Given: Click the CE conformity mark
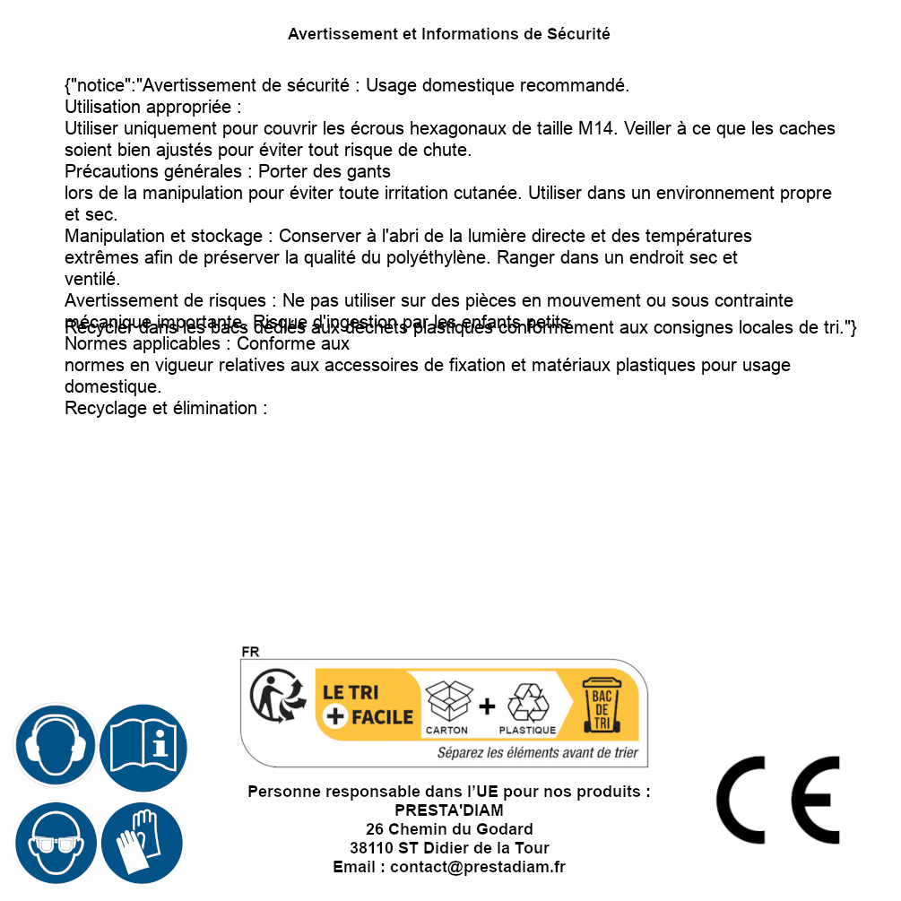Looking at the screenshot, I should pyautogui.click(x=777, y=800).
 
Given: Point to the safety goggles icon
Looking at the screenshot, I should pyautogui.click(x=55, y=843).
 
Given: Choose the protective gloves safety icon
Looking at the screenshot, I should pyautogui.click(x=142, y=843).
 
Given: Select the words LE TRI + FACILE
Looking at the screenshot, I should pyautogui.click(x=368, y=705).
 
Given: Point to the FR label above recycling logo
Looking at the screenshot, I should pyautogui.click(x=250, y=652).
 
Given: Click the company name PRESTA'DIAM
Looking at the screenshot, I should pyautogui.click(x=449, y=810).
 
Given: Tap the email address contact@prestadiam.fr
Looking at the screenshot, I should pyautogui.click(x=478, y=867).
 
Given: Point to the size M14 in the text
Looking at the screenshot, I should pyautogui.click(x=597, y=128).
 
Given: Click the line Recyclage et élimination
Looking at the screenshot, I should pyautogui.click(x=167, y=409).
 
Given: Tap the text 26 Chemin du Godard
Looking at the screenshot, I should pyautogui.click(x=449, y=829).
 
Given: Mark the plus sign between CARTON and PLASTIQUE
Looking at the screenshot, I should pyautogui.click(x=487, y=706).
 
